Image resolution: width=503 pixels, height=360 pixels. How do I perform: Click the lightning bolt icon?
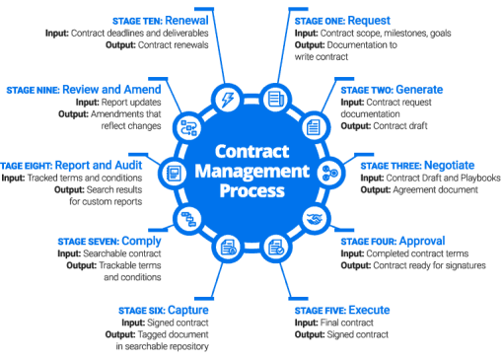click(x=228, y=99)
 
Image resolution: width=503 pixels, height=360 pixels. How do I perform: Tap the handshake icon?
click(x=315, y=218)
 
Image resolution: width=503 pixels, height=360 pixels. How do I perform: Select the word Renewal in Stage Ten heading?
click(x=186, y=21)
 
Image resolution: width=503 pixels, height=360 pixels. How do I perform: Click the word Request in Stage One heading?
click(x=369, y=21)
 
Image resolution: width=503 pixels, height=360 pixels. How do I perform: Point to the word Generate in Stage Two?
click(x=419, y=90)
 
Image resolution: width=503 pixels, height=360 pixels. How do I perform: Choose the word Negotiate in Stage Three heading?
click(x=450, y=165)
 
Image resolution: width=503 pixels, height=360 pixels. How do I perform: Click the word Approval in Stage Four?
click(x=422, y=241)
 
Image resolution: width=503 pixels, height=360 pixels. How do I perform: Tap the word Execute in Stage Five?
click(x=369, y=310)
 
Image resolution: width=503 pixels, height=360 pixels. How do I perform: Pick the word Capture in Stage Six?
click(x=188, y=310)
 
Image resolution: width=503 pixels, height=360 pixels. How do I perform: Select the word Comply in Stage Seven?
click(x=141, y=241)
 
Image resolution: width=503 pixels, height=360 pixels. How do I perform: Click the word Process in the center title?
click(x=251, y=190)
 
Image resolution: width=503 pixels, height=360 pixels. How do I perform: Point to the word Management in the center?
click(x=252, y=171)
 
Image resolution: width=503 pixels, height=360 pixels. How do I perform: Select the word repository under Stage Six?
click(x=188, y=346)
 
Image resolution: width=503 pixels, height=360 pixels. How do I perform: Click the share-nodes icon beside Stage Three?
click(x=330, y=173)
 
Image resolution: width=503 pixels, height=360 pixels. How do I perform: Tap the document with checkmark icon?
click(x=276, y=248)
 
